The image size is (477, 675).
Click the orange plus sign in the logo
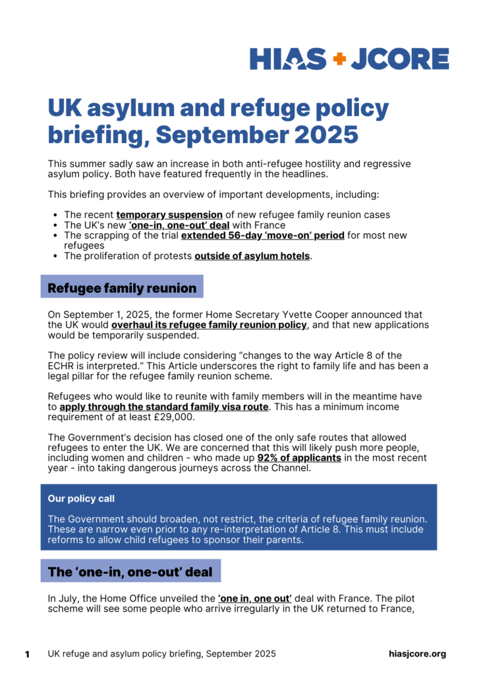339,59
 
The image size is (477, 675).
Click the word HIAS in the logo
288,59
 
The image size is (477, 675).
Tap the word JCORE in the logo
400,59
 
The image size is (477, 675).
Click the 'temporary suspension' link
169,215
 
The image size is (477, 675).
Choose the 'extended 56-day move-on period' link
262,235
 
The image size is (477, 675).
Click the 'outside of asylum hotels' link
252,256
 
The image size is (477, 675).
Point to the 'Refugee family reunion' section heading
122,288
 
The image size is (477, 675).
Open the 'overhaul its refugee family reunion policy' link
209,325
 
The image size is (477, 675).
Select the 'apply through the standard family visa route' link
163,407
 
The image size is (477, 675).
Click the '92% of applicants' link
299,457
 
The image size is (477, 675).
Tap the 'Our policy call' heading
86,499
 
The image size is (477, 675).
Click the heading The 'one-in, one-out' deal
130,572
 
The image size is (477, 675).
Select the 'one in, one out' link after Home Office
255,599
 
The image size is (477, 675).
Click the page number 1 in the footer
27,654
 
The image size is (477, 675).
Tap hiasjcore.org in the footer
418,654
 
